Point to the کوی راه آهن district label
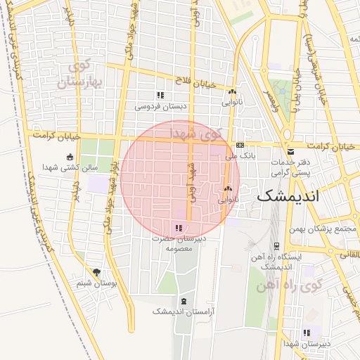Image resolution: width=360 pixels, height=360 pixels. point(310,285)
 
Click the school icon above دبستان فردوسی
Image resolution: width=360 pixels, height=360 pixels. point(160,95)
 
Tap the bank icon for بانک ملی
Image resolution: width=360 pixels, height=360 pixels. point(240,146)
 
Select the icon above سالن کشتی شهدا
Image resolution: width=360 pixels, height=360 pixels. point(69,157)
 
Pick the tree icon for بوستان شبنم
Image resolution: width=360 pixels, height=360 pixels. point(96,271)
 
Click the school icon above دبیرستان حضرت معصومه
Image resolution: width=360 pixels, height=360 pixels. point(179,228)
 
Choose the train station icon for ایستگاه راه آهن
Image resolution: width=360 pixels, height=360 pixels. point(276,246)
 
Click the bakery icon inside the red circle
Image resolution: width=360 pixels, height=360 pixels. point(227,188)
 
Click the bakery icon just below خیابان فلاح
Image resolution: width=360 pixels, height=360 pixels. point(232,91)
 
